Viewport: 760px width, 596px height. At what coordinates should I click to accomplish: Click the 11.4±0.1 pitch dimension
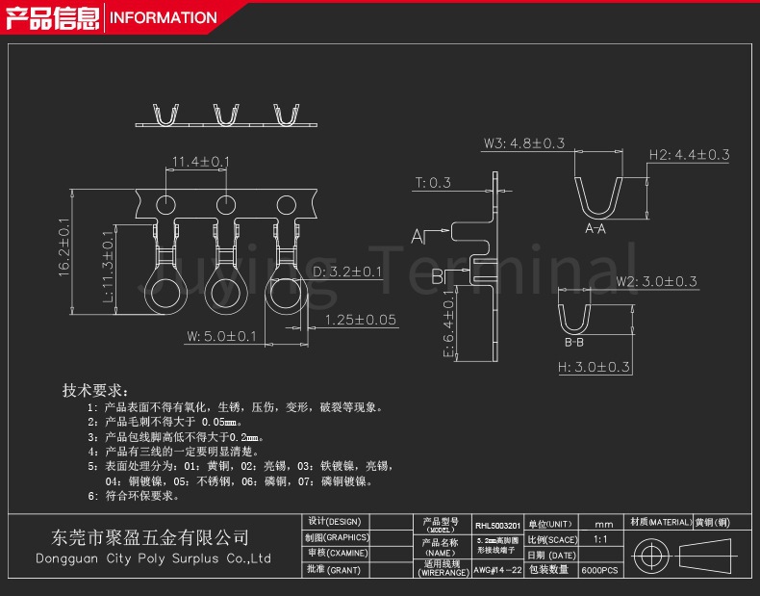point(199,162)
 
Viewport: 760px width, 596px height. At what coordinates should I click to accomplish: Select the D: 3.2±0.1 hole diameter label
point(347,272)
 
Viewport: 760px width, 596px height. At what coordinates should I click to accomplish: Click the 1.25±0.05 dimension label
point(361,320)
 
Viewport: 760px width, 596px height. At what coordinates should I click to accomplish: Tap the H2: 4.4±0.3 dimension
point(689,154)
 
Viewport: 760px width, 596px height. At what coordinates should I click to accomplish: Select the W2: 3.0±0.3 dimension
point(657,282)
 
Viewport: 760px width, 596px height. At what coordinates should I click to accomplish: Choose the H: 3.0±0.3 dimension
point(594,367)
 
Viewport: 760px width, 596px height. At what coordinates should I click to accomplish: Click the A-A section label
point(595,229)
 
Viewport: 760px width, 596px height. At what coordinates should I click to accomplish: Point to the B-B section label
point(574,343)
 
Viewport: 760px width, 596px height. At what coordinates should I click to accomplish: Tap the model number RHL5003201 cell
point(497,526)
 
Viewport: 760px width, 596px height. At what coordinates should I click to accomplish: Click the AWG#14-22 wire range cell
point(497,570)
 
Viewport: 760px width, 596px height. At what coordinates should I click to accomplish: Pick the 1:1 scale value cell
point(600,540)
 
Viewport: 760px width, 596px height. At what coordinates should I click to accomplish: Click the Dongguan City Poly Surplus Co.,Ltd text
point(153,558)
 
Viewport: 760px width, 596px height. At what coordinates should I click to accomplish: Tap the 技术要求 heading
point(93,391)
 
